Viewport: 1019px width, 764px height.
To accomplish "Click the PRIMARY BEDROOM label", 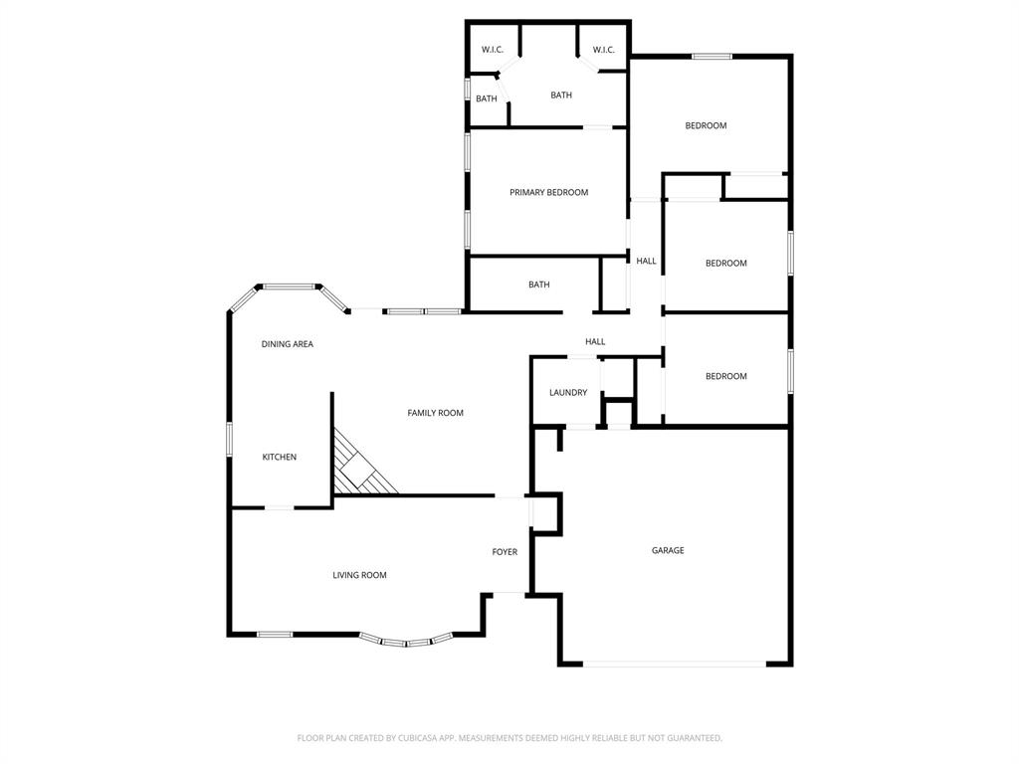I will tap(548, 192).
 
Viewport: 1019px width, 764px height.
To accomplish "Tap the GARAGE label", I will tap(668, 550).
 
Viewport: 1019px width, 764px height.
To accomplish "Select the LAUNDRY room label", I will tap(568, 392).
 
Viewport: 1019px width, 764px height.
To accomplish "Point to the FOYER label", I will tap(505, 552).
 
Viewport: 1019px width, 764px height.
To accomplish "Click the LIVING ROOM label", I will tap(359, 575).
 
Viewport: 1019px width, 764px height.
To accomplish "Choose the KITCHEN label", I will tap(279, 457).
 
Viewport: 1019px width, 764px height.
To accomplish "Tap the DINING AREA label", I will tap(288, 344).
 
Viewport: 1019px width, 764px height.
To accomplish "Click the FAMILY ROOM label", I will tap(435, 413).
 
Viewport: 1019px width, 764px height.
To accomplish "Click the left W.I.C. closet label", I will tap(493, 50).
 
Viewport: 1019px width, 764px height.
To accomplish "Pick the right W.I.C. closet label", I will tap(603, 50).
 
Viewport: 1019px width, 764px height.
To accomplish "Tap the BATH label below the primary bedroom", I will tap(538, 285).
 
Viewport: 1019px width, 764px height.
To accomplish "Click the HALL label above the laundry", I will tap(595, 342).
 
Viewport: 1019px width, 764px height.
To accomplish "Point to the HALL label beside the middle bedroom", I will tap(646, 261).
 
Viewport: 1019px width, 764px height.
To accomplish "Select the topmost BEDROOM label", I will tap(706, 125).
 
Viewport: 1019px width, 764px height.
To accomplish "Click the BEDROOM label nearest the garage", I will tap(725, 376).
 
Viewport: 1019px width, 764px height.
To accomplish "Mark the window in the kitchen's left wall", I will tap(229, 440).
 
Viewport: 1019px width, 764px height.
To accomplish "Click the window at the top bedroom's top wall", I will tap(712, 56).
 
